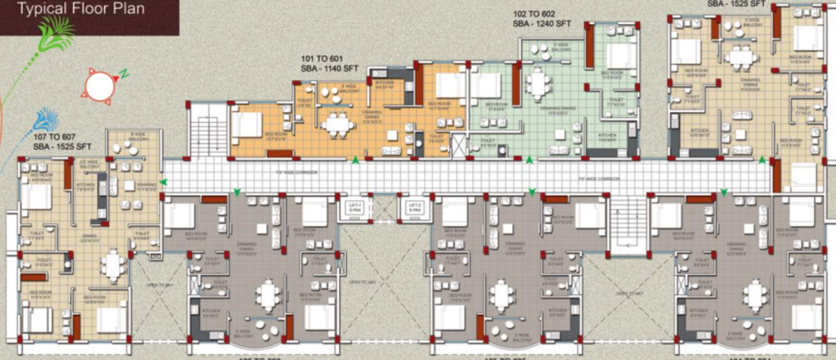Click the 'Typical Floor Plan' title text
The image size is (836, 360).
(x=81, y=9)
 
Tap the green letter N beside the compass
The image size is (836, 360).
(x=125, y=75)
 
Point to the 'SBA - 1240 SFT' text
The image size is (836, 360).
(x=542, y=23)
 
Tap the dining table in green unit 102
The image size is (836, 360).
(x=538, y=84)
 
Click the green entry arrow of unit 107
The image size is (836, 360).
(x=164, y=182)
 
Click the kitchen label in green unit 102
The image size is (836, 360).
(x=606, y=137)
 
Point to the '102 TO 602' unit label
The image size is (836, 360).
(x=534, y=13)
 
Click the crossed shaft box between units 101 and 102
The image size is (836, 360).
(x=459, y=144)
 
